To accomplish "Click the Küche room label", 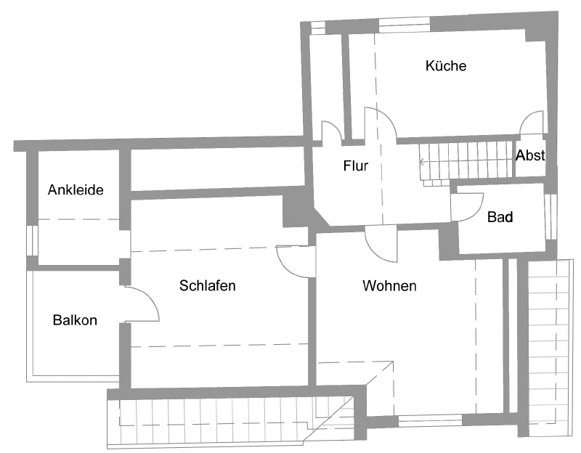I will click(446, 66).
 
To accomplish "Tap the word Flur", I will click(356, 166).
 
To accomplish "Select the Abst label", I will click(530, 155).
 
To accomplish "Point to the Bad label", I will click(500, 216).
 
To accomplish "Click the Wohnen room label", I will click(389, 286).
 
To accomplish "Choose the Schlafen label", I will click(208, 286).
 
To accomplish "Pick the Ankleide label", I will click(76, 190).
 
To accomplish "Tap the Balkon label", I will click(75, 319).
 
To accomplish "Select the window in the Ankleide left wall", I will click(31, 240).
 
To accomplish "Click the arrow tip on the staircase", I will click(420, 162).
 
